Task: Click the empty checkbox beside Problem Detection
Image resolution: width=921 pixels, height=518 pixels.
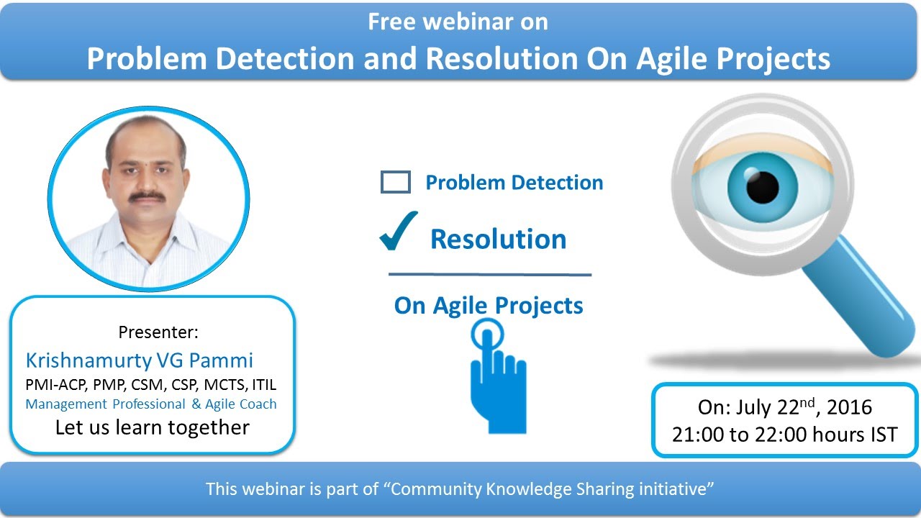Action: point(395,182)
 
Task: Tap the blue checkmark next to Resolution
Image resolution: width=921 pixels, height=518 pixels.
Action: point(399,232)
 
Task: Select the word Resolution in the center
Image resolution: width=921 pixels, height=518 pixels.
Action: point(498,240)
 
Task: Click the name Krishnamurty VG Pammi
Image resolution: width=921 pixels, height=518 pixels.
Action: point(140,360)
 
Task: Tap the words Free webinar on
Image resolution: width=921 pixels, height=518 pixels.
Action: point(458,22)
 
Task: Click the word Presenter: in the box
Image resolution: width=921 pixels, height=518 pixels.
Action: point(158,332)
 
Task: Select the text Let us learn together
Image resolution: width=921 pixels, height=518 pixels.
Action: point(153,427)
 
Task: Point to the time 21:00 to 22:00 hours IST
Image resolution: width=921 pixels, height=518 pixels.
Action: point(785,435)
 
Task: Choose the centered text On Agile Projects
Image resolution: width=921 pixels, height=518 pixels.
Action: point(489,305)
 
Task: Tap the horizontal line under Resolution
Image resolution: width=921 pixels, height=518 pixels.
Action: point(489,274)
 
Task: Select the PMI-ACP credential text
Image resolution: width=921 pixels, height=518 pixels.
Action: point(54,384)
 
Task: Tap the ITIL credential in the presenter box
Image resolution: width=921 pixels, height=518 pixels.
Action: point(263,384)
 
